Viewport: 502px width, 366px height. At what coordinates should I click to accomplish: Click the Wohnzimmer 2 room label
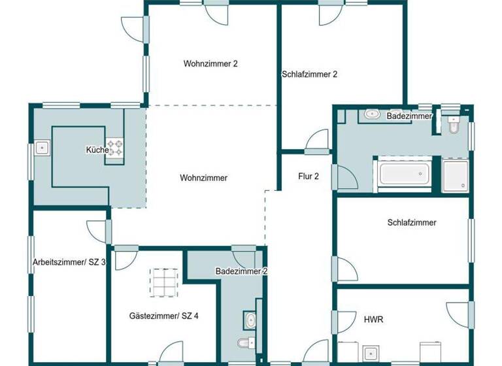210,64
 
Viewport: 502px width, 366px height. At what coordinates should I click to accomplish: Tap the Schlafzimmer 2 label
309,75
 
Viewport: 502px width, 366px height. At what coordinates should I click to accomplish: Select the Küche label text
97,150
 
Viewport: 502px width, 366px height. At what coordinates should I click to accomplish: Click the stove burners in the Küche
116,148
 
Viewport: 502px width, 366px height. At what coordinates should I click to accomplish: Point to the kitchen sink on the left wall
42,148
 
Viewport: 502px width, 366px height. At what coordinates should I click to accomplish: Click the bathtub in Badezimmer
404,174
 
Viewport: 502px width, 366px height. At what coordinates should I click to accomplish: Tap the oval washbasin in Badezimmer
372,114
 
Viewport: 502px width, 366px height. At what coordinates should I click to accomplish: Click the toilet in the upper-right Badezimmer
454,125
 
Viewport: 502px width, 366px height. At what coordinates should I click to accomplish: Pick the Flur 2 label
309,176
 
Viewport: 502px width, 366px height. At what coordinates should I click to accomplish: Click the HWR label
373,320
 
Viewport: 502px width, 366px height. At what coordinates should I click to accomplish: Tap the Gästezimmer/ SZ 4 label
164,316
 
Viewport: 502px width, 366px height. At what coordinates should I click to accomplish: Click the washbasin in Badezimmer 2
251,320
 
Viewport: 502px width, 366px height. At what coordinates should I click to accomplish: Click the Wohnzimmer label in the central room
204,178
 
